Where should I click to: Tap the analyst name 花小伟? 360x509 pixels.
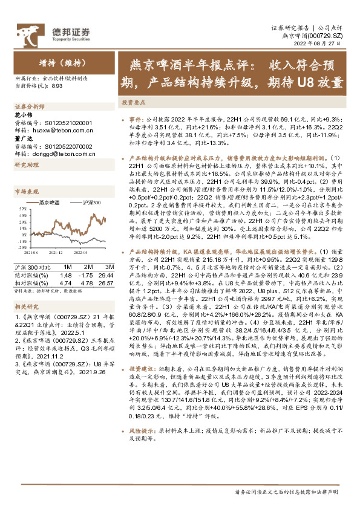pos(22,114)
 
